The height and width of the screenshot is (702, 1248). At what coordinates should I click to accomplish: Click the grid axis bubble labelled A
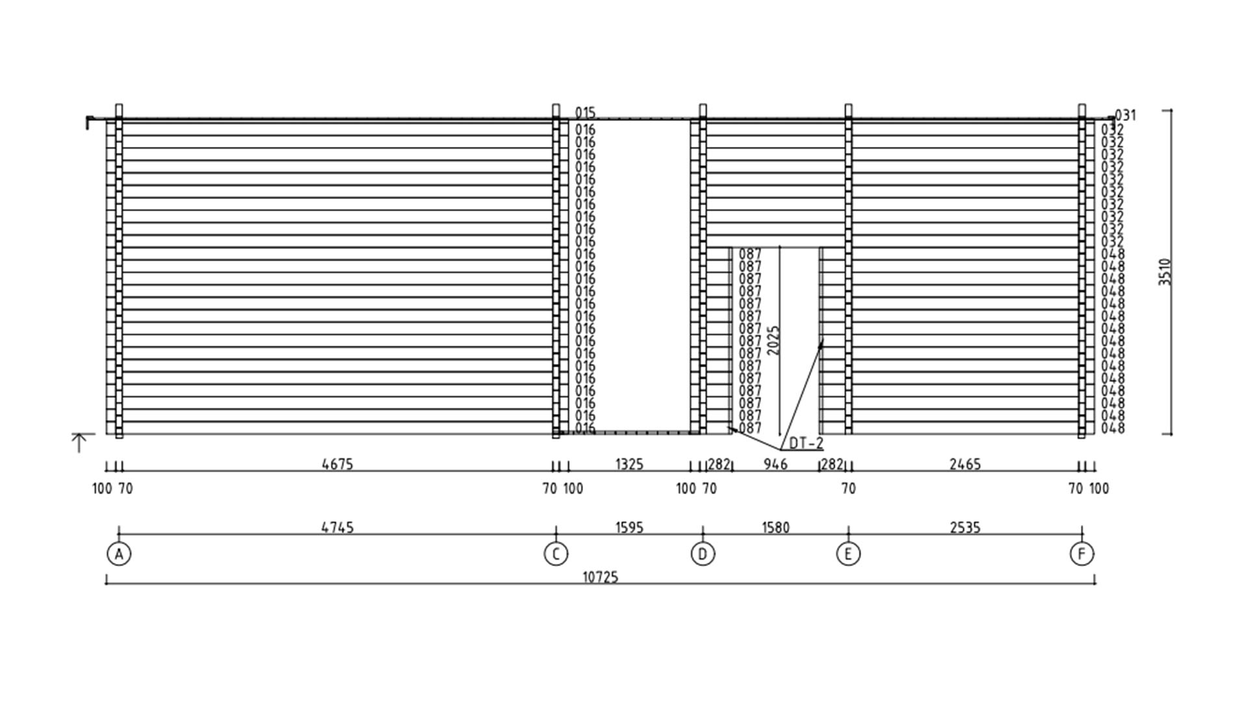pyautogui.click(x=119, y=554)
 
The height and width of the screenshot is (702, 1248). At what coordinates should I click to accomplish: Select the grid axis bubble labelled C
pyautogui.click(x=556, y=554)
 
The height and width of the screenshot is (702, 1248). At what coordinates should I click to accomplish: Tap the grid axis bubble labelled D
pyautogui.click(x=703, y=554)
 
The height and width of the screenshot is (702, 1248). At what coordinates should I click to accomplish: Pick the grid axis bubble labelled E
pyautogui.click(x=848, y=554)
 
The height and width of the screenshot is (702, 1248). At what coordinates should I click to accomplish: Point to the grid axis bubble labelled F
pyautogui.click(x=1082, y=554)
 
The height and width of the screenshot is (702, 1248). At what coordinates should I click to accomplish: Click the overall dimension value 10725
pyautogui.click(x=600, y=577)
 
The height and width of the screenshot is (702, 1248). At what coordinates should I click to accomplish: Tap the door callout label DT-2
pyautogui.click(x=806, y=443)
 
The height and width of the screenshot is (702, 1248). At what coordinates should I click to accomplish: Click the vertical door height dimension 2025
pyautogui.click(x=773, y=340)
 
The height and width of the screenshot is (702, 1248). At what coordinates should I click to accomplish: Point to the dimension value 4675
pyautogui.click(x=337, y=464)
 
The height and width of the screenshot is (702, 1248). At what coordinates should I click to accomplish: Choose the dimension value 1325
pyautogui.click(x=629, y=464)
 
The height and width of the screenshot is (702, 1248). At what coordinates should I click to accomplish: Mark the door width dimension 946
pyautogui.click(x=775, y=464)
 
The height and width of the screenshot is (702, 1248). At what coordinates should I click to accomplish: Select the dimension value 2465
pyautogui.click(x=965, y=464)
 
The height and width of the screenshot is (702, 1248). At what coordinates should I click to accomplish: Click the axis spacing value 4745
pyautogui.click(x=337, y=527)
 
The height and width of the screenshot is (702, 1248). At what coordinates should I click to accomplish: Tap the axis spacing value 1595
pyautogui.click(x=629, y=527)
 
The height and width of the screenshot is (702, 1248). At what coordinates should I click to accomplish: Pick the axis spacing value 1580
pyautogui.click(x=775, y=527)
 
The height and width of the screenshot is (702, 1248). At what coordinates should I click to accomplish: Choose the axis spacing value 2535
pyautogui.click(x=965, y=527)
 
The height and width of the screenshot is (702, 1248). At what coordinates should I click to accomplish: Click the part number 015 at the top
pyautogui.click(x=585, y=113)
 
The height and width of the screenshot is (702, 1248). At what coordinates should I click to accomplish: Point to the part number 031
pyautogui.click(x=1126, y=115)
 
